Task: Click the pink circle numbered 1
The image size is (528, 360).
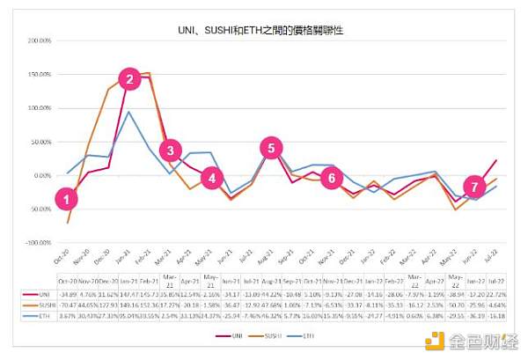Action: [64, 199]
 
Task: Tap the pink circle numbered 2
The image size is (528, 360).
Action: [130, 79]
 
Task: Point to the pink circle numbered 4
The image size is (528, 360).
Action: [210, 178]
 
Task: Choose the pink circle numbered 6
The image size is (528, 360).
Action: [331, 178]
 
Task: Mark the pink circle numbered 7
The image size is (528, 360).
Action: [474, 187]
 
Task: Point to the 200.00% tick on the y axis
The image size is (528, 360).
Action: [40, 40]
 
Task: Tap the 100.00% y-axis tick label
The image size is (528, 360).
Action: [40, 108]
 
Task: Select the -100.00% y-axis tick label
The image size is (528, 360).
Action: [40, 242]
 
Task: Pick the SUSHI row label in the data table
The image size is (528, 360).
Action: [43, 303]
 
